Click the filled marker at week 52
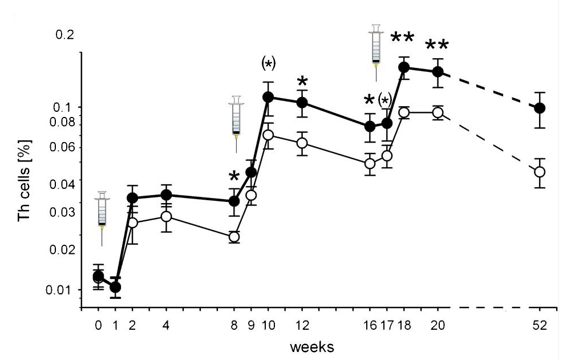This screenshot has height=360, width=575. [540, 108]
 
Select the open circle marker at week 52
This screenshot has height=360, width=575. [540, 171]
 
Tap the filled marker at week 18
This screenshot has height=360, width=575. [404, 67]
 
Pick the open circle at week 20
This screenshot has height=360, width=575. [438, 112]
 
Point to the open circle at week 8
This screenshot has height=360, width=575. [234, 237]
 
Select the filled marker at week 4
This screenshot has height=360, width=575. [167, 195]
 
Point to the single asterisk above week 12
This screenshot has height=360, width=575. [302, 81]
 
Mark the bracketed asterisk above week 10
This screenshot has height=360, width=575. [268, 63]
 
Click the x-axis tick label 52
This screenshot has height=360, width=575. [540, 326]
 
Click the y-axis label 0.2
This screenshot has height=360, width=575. [65, 35]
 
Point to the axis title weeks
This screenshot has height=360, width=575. [311, 346]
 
